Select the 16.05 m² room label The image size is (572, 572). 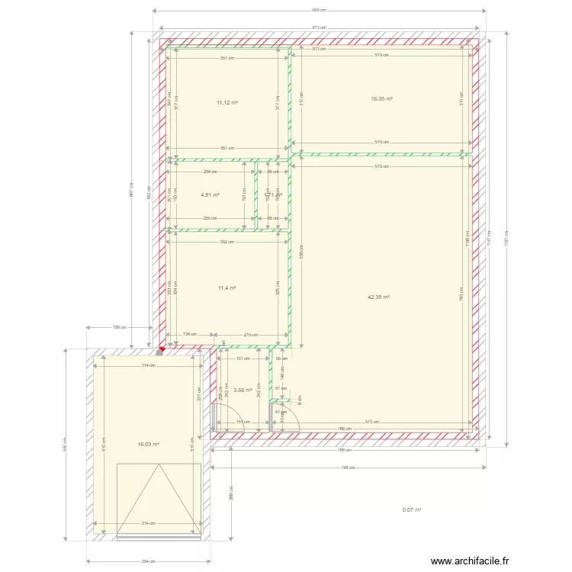381,98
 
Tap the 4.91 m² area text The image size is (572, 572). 210,194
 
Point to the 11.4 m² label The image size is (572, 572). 227,288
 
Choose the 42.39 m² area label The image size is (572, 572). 378,297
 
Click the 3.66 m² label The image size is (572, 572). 243,390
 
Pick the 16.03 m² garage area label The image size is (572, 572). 148,444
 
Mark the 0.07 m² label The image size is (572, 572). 412,510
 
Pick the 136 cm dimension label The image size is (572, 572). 189,334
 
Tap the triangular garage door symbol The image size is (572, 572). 159,496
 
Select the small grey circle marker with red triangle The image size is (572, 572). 160,352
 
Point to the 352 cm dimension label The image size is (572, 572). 226,243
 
